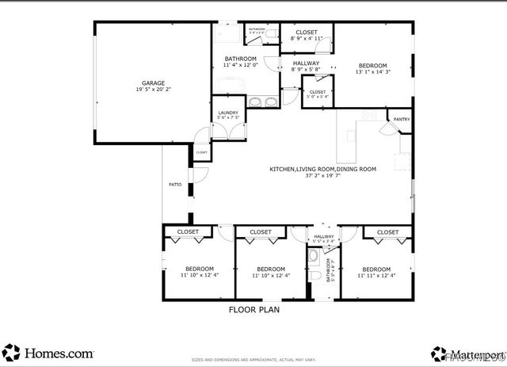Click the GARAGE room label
[x=153, y=82]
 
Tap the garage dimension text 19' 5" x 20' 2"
[x=153, y=90]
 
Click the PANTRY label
[x=402, y=120]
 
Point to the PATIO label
[x=174, y=185]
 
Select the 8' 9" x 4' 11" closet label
[x=306, y=38]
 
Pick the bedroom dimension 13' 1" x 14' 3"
[x=372, y=72]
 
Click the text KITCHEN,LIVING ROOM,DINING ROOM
[x=322, y=169]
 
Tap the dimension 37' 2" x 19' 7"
[x=322, y=177]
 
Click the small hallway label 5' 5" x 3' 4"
[x=324, y=241]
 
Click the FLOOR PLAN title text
[x=253, y=310]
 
